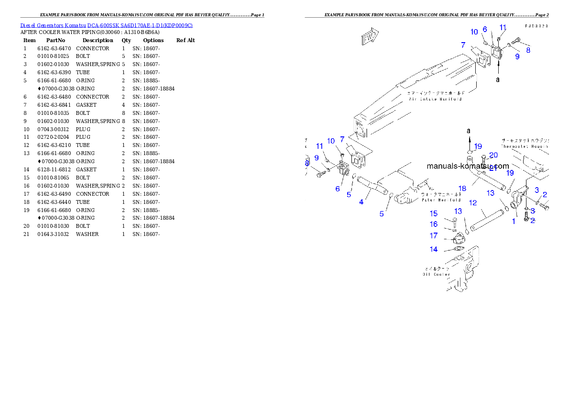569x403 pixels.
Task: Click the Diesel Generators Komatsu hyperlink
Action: (x=106, y=25)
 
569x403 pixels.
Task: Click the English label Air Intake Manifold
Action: (x=435, y=99)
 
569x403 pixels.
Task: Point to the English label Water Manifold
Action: (x=441, y=200)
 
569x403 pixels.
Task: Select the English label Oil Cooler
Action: (x=436, y=274)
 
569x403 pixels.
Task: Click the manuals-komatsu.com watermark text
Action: (x=468, y=167)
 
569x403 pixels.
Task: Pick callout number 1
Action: (x=514, y=222)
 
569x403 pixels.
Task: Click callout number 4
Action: (x=361, y=202)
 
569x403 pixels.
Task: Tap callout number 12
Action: (x=472, y=203)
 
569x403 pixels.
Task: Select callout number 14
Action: (x=434, y=249)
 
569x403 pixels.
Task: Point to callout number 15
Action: (x=434, y=214)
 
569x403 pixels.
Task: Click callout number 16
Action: (x=434, y=224)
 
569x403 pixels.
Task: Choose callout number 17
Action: (x=434, y=235)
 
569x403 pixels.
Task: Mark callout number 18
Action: (x=462, y=189)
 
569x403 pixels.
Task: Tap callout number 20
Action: (x=493, y=155)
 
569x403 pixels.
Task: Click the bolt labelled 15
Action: (x=454, y=222)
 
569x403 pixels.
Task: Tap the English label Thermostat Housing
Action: (x=524, y=146)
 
